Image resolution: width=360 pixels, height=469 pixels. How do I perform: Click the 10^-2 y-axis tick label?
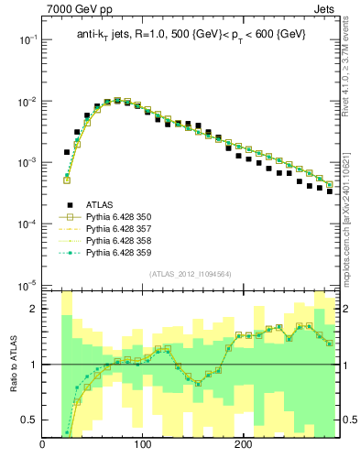(28, 102)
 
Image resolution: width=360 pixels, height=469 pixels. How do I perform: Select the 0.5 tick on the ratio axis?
(29, 420)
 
